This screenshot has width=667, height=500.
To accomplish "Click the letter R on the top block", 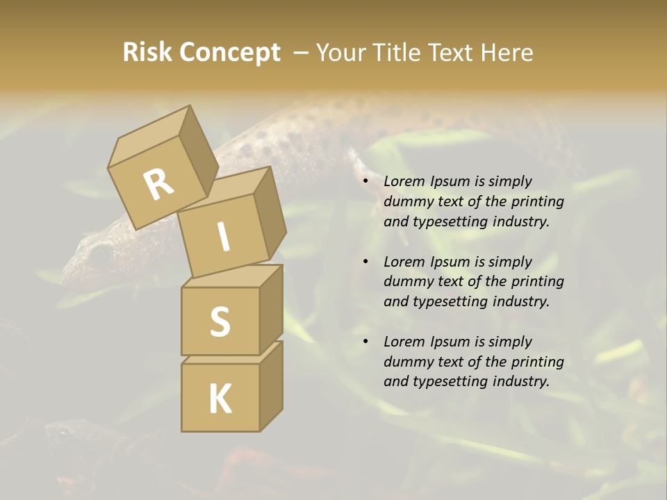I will click(x=158, y=185).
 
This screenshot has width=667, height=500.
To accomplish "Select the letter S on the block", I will click(x=220, y=322).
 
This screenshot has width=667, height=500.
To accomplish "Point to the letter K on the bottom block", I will click(x=220, y=399).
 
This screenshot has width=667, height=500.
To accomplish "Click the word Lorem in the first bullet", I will click(x=403, y=181).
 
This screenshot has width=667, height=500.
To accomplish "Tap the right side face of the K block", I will click(x=271, y=385).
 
